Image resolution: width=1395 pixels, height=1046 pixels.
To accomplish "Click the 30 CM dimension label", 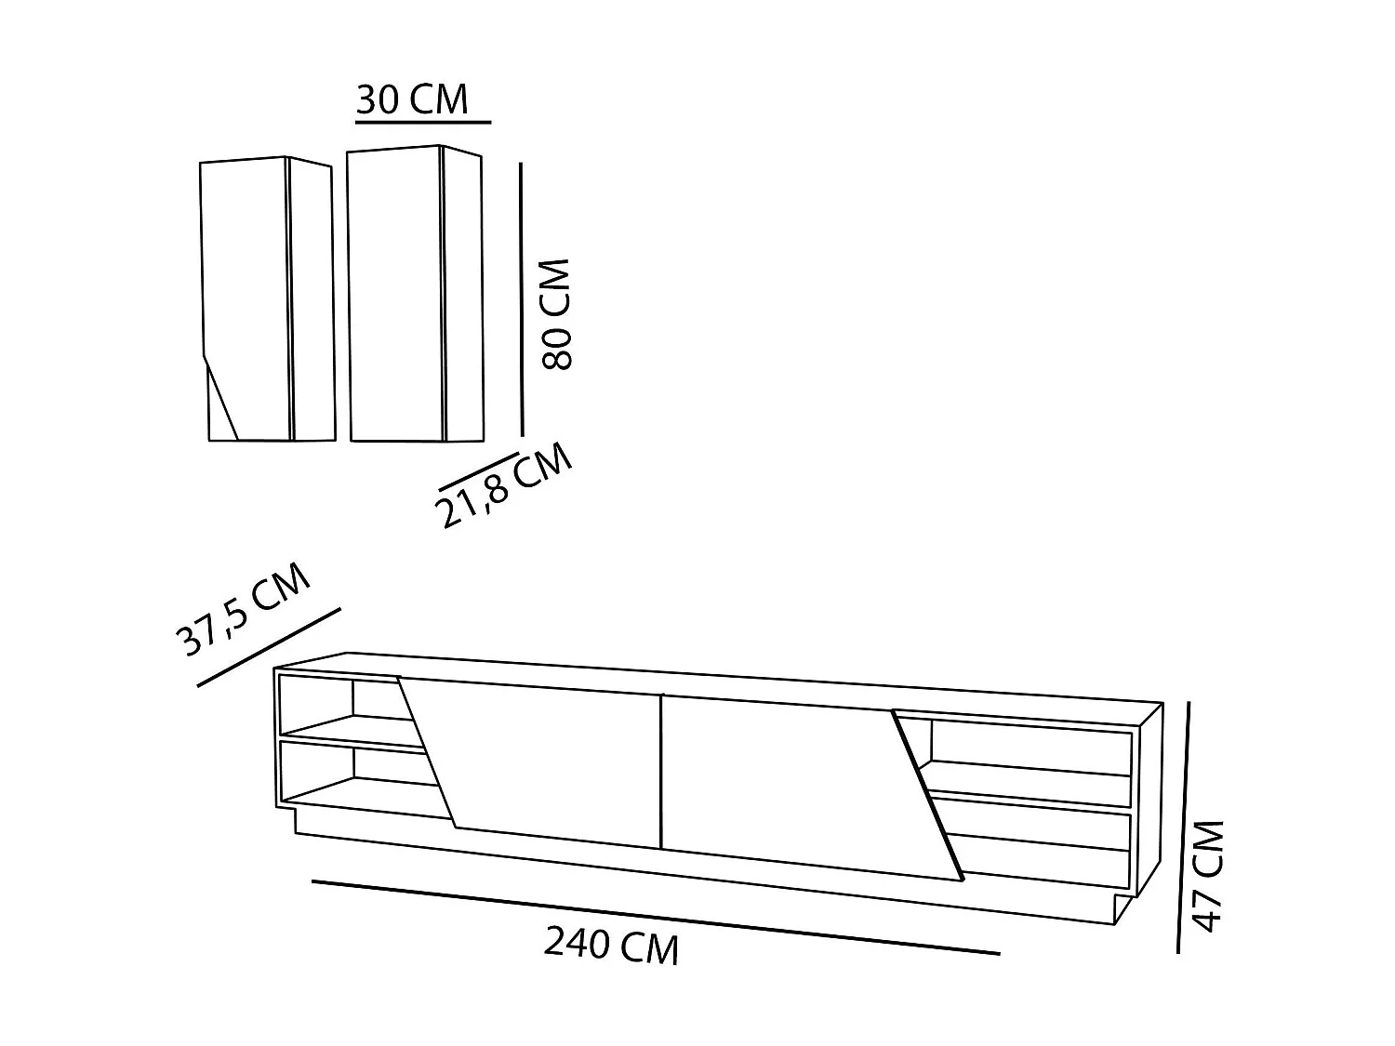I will [412, 99].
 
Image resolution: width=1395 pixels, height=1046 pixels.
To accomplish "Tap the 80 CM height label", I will [555, 315].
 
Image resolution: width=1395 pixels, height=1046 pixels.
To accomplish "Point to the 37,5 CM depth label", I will [243, 609].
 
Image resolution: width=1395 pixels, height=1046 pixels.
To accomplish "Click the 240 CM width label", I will [611, 946].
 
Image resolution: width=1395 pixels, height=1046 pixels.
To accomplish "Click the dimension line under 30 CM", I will [422, 121].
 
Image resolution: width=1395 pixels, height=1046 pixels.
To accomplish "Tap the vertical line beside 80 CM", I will [522, 298].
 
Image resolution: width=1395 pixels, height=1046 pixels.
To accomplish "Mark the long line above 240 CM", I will [655, 917].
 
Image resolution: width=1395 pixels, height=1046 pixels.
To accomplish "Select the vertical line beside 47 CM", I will [1184, 828].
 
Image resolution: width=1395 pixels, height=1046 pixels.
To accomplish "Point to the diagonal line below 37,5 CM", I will [270, 647].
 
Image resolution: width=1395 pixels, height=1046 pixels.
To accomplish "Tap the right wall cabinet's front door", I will [395, 293].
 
